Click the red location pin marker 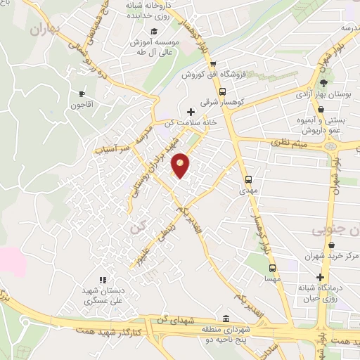[x=181, y=165]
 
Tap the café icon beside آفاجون [x=82, y=94]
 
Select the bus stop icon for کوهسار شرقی [x=223, y=91]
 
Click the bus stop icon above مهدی [x=248, y=179]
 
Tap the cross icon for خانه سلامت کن [x=191, y=111]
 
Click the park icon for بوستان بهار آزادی [x=323, y=83]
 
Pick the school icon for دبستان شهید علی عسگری [x=103, y=280]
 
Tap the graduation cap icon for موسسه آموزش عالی [x=153, y=32]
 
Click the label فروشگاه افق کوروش [x=212, y=74]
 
